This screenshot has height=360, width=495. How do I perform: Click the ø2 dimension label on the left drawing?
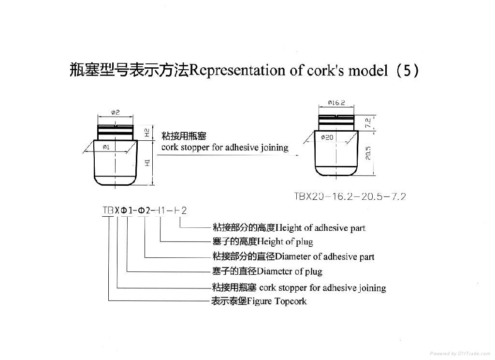[x=116, y=112]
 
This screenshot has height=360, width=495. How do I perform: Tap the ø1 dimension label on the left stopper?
[x=106, y=147]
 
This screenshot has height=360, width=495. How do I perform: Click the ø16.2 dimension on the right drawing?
[x=335, y=103]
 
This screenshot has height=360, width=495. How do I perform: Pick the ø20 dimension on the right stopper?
[x=327, y=137]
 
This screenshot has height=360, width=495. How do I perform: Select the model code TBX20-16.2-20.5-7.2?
[x=350, y=196]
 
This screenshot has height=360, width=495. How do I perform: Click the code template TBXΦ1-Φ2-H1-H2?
[x=145, y=210]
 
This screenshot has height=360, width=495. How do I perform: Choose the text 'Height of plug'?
[x=286, y=241]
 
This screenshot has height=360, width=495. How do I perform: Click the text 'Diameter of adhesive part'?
[x=317, y=256]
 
